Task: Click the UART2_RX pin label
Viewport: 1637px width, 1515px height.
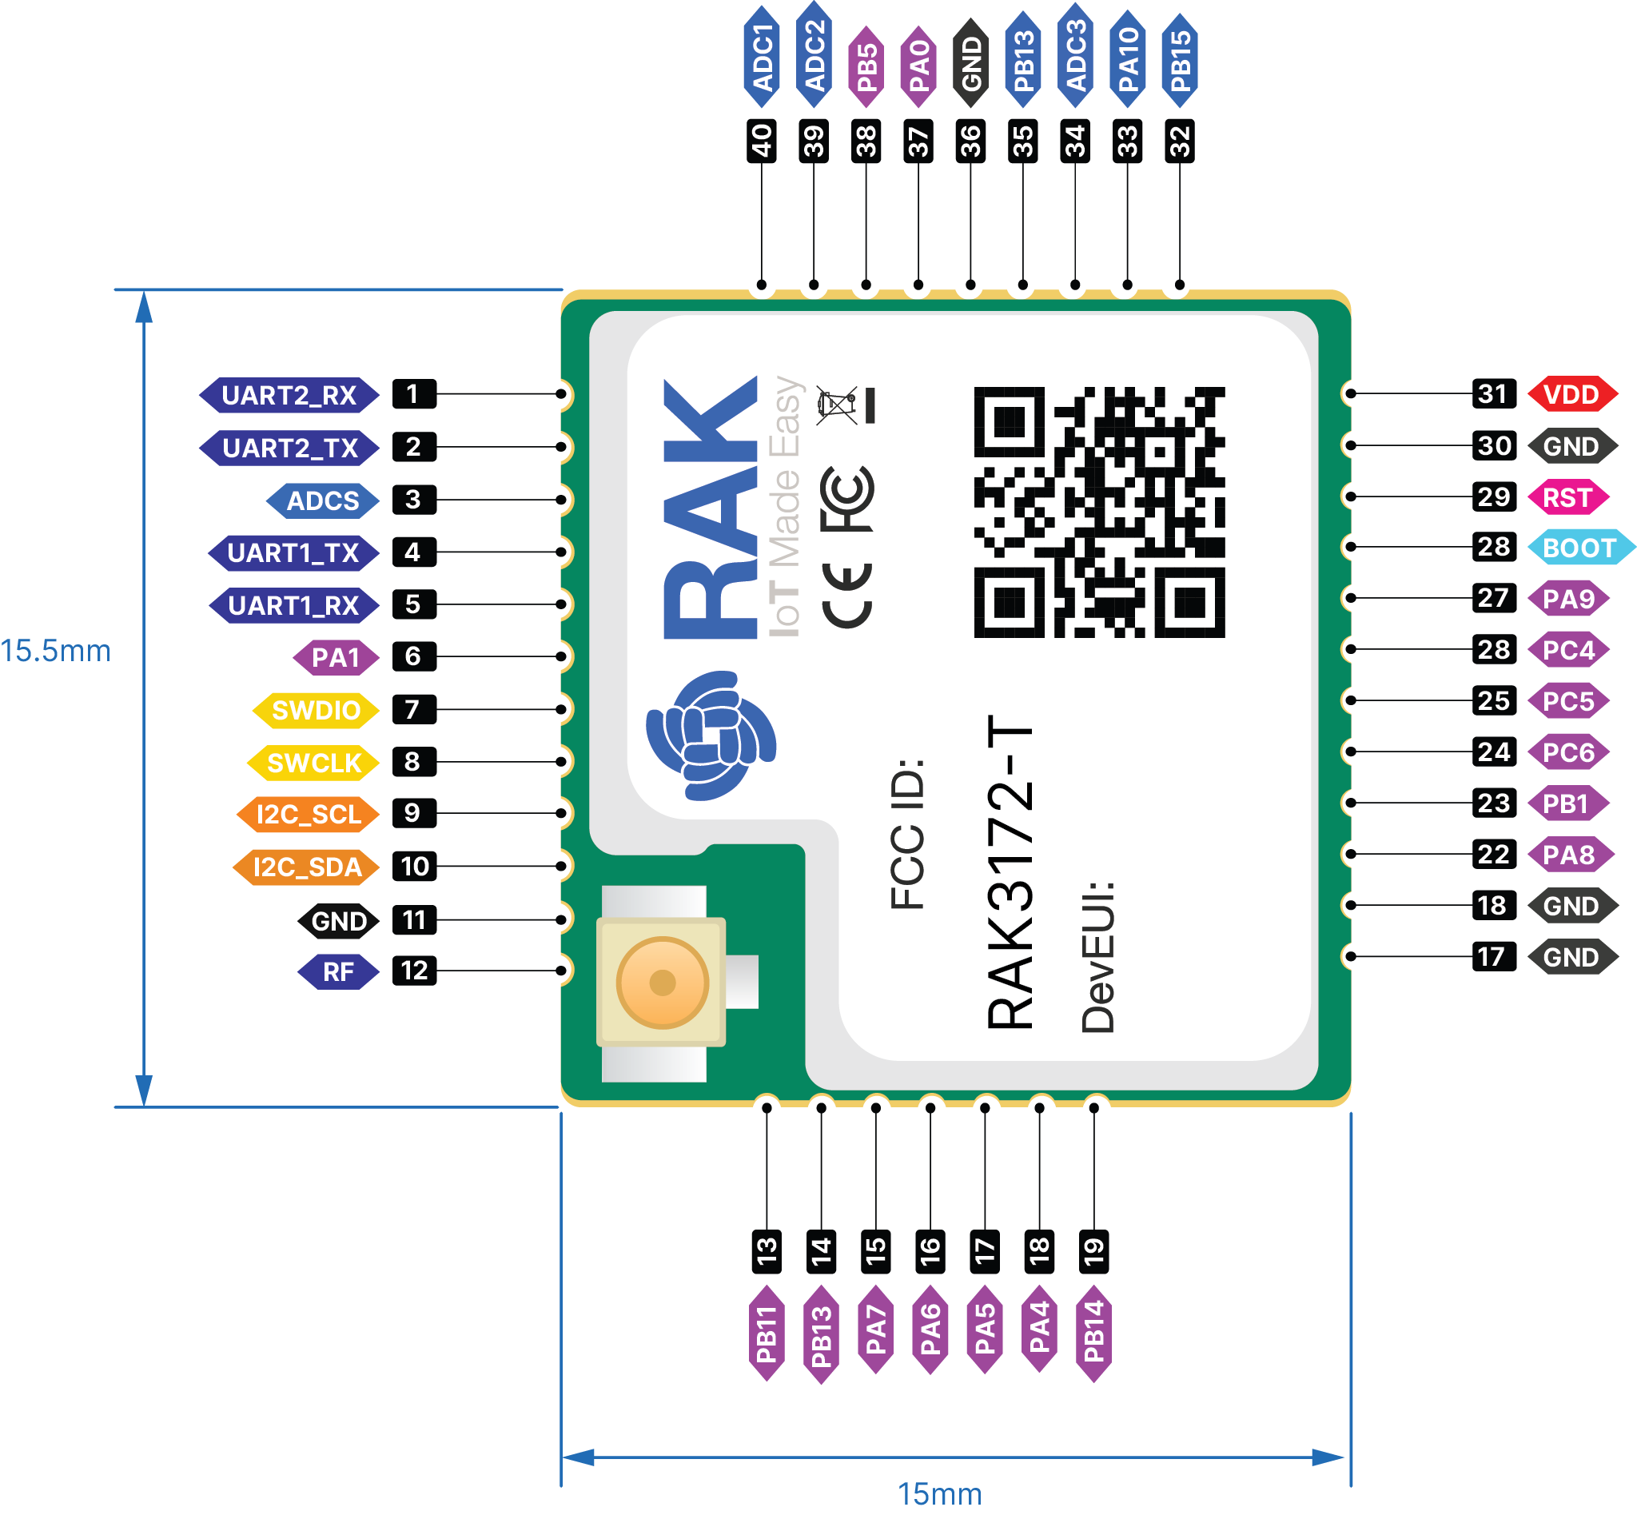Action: pos(289,395)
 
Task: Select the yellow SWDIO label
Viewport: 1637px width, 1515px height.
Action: pos(316,710)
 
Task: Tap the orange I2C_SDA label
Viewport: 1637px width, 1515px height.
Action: pos(308,867)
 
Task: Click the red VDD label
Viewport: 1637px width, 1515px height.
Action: pos(1571,394)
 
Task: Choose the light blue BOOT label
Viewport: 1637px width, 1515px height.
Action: pos(1579,548)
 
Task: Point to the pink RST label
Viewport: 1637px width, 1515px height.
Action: pos(1567,497)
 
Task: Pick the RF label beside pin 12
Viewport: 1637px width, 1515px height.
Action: pos(338,972)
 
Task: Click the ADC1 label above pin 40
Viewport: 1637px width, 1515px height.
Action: pos(763,58)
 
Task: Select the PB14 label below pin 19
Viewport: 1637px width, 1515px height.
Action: pos(1093,1331)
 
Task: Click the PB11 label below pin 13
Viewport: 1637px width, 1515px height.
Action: pos(767,1334)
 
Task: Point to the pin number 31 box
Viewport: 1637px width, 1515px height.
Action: pos(1494,394)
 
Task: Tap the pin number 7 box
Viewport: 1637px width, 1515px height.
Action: pos(413,709)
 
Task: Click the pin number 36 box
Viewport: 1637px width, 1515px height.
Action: pos(970,141)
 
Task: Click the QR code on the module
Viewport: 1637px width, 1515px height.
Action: pos(1098,512)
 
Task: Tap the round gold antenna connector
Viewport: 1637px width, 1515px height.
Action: pos(663,982)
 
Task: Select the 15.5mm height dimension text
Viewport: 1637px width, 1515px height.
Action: pos(56,652)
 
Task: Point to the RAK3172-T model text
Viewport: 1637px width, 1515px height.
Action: pos(1010,873)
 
